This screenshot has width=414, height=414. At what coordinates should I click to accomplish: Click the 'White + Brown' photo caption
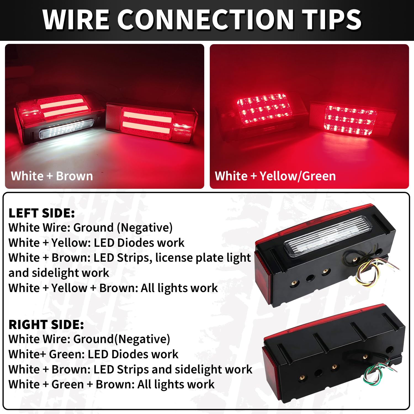point(52,176)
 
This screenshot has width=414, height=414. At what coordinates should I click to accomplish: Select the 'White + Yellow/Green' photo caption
point(275,176)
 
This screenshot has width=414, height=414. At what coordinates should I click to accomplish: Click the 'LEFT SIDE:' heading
point(42,213)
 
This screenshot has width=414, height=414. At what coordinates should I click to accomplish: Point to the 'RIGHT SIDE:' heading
point(46,325)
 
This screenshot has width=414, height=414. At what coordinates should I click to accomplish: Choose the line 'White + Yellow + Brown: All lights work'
point(113,288)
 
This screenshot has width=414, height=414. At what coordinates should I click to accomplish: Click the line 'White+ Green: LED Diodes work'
point(93,354)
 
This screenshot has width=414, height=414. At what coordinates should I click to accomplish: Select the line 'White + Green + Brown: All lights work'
point(112,384)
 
